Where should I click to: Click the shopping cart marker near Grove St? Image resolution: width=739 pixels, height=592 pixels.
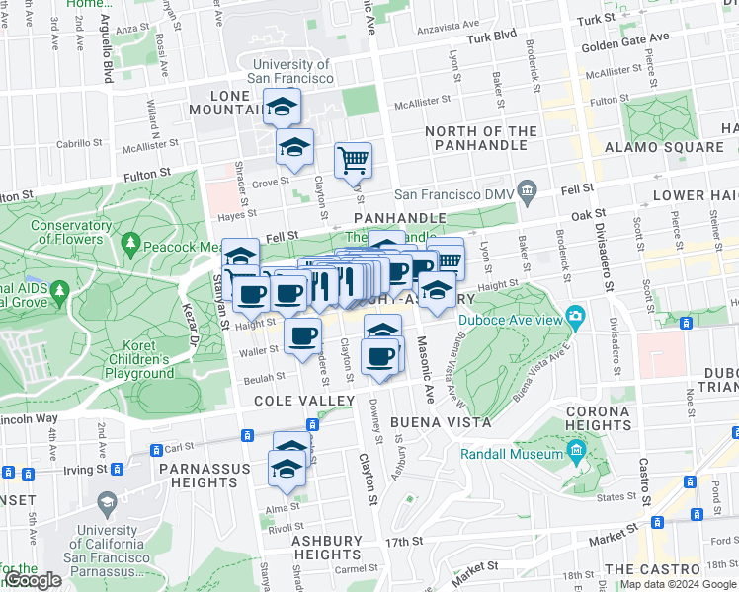pyautogui.click(x=353, y=158)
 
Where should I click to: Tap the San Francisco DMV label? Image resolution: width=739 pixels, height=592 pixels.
pyautogui.click(x=455, y=195)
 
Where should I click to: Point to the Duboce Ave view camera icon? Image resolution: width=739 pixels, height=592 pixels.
pyautogui.click(x=575, y=316)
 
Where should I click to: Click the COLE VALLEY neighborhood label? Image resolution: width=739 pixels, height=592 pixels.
pyautogui.click(x=303, y=401)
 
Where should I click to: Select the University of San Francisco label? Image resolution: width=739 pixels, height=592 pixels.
pyautogui.click(x=290, y=71)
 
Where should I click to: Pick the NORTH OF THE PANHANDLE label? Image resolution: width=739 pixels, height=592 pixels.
pyautogui.click(x=481, y=139)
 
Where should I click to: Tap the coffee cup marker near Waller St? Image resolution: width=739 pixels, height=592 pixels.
pyautogui.click(x=302, y=334)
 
